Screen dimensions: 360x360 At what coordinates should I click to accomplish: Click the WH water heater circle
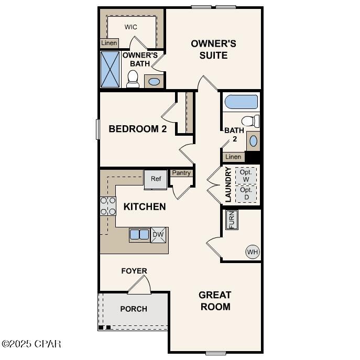[x=253, y=252]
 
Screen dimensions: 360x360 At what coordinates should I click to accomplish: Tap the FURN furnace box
[x=231, y=220]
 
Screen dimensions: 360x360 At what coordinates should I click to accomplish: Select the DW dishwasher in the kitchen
[x=158, y=235]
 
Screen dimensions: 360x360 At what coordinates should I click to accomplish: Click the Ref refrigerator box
[x=156, y=179]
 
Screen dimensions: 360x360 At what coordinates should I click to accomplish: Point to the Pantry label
[x=181, y=173]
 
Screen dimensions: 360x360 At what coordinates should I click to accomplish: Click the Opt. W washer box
[x=246, y=175]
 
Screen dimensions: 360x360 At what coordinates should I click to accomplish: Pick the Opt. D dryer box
[x=246, y=193]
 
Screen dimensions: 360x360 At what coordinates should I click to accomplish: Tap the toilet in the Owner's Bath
[x=133, y=79]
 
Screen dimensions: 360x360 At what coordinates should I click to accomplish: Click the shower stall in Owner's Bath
[x=110, y=69]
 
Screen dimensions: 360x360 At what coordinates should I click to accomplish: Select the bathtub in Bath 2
[x=241, y=102]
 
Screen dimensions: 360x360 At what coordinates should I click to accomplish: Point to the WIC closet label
[x=131, y=27]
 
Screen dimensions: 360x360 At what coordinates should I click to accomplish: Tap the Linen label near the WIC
[x=109, y=43]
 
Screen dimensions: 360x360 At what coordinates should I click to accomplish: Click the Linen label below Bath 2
[x=233, y=157]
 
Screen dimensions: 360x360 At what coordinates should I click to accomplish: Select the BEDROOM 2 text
[x=137, y=129]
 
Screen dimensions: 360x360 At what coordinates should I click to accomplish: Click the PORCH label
[x=134, y=309]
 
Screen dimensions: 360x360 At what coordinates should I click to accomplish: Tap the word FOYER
[x=134, y=271]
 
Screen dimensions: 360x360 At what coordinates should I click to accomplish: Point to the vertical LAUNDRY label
[x=228, y=184]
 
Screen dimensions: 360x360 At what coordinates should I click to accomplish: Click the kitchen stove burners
[x=108, y=206]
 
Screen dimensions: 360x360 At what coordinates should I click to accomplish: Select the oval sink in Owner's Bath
[x=154, y=82]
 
